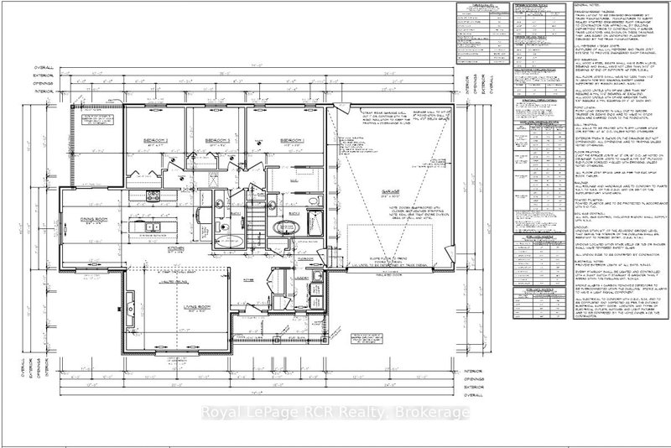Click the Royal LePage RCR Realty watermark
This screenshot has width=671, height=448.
tap(335, 412)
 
